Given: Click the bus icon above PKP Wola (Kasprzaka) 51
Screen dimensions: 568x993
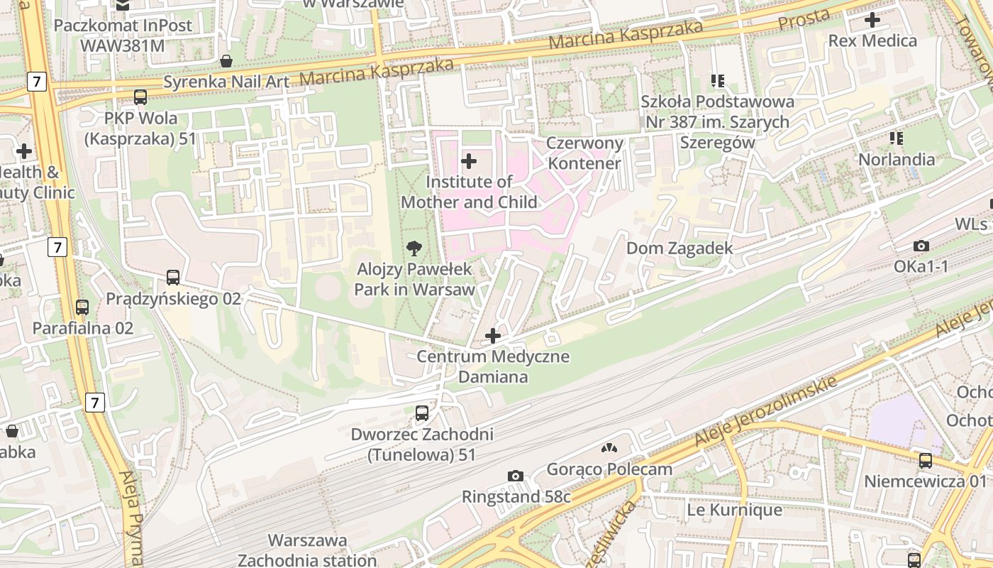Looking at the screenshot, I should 140,97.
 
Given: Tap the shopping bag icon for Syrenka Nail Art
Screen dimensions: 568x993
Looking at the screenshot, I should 226,62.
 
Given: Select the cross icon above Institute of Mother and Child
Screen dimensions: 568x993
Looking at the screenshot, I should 469,161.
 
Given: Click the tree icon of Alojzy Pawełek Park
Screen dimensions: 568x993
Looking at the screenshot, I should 414,248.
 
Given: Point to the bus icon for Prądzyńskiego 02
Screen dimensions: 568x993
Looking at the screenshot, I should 173,278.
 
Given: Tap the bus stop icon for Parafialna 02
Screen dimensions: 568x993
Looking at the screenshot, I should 82,307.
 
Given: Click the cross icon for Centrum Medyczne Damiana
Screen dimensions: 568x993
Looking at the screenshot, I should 493,335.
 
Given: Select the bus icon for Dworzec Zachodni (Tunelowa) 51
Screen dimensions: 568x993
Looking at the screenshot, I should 422,413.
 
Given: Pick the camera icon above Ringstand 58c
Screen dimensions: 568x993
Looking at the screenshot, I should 516,476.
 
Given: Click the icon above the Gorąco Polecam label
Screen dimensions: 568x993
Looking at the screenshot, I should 609,448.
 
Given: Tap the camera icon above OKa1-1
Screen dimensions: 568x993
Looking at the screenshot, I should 921,246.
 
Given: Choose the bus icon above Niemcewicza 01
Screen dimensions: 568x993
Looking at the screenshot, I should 926,460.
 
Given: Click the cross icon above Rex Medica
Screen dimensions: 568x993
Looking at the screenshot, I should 872,20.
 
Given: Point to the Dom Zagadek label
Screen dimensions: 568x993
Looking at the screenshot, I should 679,248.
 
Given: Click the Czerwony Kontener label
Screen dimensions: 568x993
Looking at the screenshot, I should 585,153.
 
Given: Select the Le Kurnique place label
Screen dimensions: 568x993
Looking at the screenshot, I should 735,510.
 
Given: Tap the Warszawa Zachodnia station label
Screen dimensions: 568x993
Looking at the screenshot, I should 307,550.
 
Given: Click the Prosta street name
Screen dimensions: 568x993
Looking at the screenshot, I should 804,20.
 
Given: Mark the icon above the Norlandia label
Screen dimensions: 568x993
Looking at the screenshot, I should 897,138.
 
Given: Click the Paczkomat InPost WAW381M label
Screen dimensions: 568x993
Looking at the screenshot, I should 123,35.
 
